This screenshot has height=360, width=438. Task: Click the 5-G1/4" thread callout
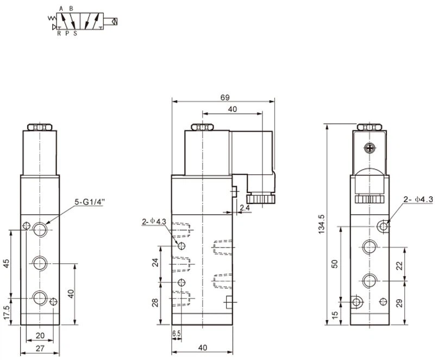(x=89, y=202)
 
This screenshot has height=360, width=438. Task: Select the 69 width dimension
(x=225, y=97)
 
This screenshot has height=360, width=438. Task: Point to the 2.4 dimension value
(x=245, y=208)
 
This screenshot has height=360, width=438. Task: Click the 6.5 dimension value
(x=177, y=333)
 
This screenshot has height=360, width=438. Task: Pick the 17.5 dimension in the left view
(x=7, y=312)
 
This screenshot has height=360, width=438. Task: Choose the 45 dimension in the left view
(x=7, y=263)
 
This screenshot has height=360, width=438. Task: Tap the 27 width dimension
(x=40, y=348)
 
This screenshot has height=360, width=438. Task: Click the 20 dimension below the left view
(x=40, y=336)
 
